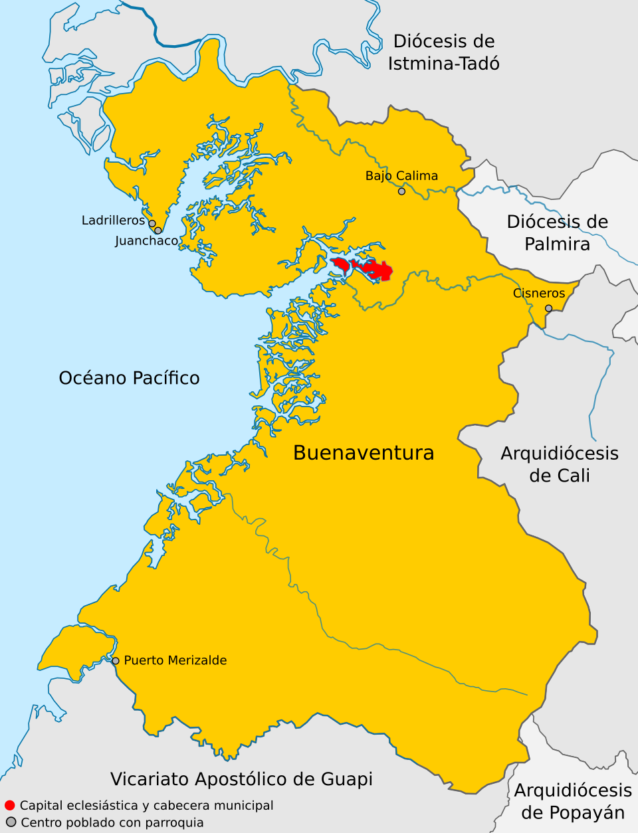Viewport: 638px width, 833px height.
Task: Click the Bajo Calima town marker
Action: coord(401,191)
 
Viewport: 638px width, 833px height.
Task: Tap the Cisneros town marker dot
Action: coord(548,308)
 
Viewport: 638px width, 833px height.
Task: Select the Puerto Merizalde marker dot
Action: coord(116,661)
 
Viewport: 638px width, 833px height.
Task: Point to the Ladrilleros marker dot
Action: coord(152,224)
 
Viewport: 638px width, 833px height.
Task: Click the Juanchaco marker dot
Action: coord(158,231)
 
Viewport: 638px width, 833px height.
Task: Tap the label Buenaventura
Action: coord(364,453)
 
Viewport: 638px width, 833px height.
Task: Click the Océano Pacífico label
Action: coord(129,378)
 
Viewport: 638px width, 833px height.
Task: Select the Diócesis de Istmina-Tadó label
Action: coord(444,52)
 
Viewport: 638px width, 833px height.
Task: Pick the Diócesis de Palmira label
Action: coord(558,232)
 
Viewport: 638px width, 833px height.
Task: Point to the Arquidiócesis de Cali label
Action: coord(560,464)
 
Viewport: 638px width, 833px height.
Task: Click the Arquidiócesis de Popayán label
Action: coord(573,801)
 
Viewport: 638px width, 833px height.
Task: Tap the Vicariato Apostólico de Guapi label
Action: coord(241,779)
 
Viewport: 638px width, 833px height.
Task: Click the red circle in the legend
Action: coord(10,806)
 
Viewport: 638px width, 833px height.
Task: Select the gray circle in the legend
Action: coord(11,822)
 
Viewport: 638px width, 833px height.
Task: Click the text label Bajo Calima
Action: coord(401,176)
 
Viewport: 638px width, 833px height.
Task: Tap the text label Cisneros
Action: coord(539,293)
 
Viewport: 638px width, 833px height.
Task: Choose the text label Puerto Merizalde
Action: coord(175,660)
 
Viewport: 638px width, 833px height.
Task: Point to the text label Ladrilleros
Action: coord(113,220)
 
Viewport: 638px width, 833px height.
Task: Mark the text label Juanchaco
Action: coord(147,240)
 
